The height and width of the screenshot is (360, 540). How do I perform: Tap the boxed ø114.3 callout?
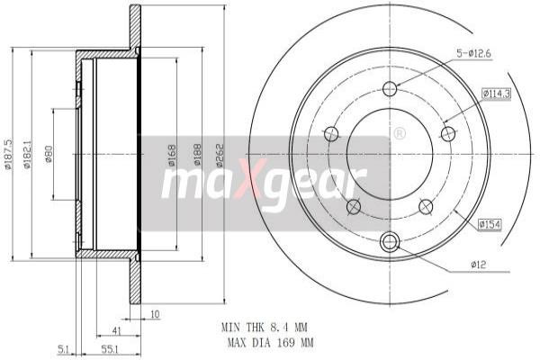pos(496,93)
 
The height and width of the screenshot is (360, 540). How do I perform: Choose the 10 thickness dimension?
pos(155,314)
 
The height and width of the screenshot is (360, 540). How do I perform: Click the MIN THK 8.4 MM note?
pos(266,328)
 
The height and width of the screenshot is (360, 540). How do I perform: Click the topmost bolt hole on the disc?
pos(390,88)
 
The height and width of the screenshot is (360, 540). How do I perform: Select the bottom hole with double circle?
pos(390,241)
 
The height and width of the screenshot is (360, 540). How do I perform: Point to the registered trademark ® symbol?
pos(400,133)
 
